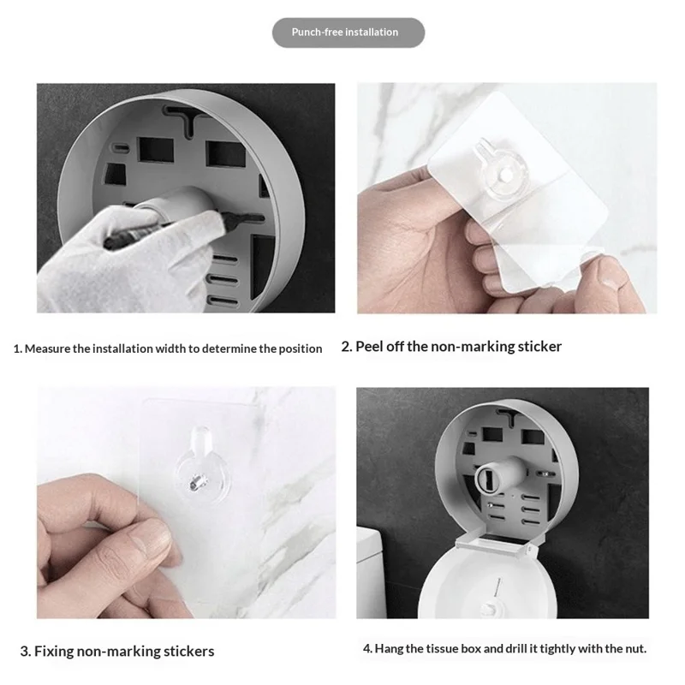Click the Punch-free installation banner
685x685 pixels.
[x=348, y=33]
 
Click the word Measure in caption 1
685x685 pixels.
[x=50, y=348]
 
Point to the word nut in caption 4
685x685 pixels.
[x=634, y=649]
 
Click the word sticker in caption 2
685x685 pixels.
[x=536, y=347]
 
